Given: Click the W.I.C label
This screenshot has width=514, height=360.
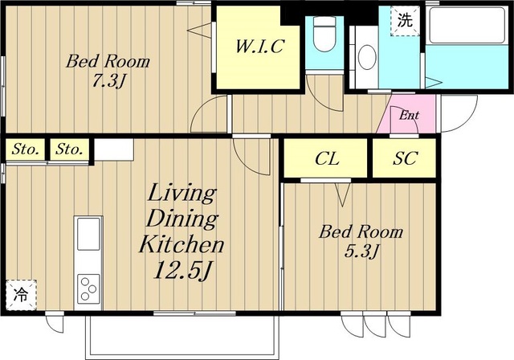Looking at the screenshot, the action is tap(259, 47).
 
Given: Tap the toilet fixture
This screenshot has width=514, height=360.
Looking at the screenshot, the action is tap(324, 34).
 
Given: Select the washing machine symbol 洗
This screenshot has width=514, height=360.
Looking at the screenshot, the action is tap(405, 21).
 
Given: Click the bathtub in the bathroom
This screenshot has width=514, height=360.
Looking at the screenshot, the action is tap(467, 25).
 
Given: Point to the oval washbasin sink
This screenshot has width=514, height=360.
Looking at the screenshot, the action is tap(367, 57).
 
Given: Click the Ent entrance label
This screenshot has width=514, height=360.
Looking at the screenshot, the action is tap(409, 116).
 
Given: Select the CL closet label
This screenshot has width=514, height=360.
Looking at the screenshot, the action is tap(327, 159).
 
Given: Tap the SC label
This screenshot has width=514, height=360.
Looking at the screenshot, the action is tap(405, 158).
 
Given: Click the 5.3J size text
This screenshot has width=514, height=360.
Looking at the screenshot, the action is tap(361, 252).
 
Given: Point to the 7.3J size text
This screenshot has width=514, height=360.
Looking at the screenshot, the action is tap(108, 81).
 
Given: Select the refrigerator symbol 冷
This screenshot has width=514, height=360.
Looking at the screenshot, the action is tap(21, 295).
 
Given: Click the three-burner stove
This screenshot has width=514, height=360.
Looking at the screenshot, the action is tap(88, 288).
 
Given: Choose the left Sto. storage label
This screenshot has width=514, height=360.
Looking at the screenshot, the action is tap(25, 149).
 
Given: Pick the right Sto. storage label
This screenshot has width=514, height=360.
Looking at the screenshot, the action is tap(69, 149).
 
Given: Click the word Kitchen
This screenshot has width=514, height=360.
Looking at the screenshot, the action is tap(182, 244).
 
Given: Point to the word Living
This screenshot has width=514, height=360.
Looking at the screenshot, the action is tap(182, 194).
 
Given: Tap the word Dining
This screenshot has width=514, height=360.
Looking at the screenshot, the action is tap(182, 219).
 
